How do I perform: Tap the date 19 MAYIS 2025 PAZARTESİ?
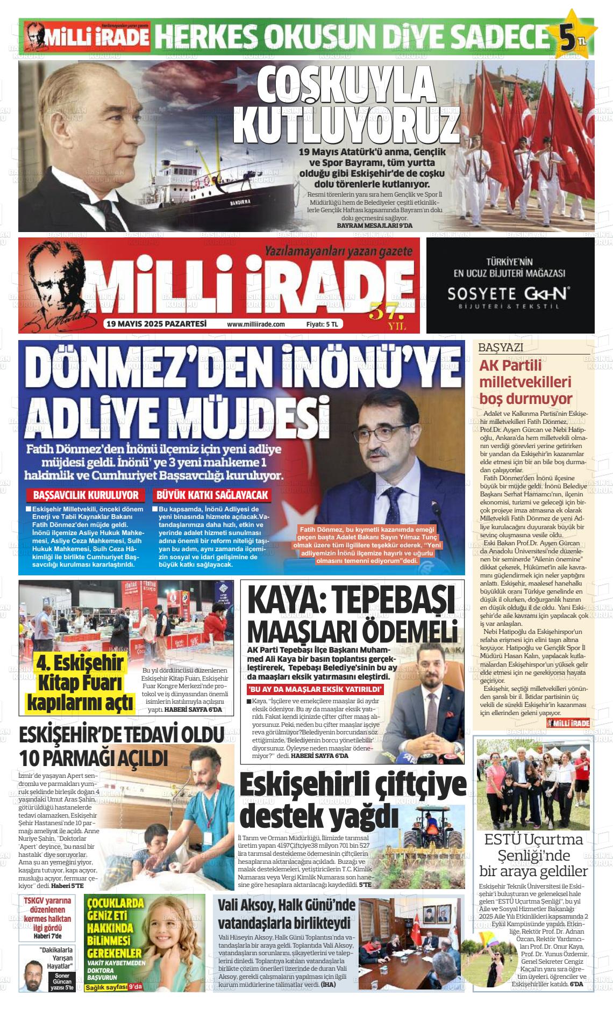(156, 324)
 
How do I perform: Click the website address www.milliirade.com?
(255, 324)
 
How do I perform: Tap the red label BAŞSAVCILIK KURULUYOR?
(86, 495)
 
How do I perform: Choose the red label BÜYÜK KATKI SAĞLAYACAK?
(211, 495)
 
